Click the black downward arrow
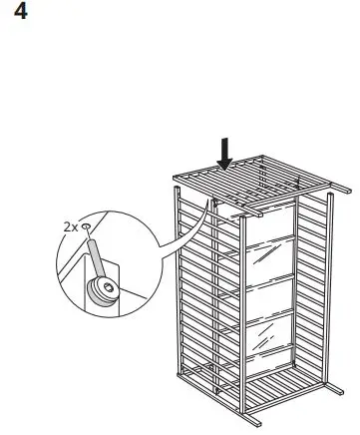click(226, 152)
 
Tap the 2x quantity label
click(70, 227)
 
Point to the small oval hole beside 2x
click(87, 227)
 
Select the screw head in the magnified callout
click(103, 290)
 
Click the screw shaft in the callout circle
click(96, 260)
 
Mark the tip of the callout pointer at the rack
click(211, 199)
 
